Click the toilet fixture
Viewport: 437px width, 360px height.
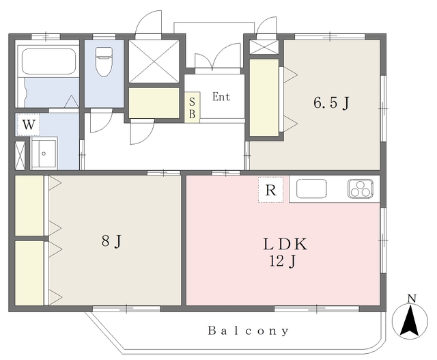pos(104,61)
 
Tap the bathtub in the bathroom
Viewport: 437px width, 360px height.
pos(48,61)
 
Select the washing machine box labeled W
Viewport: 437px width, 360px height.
pos(28,124)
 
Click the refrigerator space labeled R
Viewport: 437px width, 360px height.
pos(270,190)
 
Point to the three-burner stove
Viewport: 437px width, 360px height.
pos(361,189)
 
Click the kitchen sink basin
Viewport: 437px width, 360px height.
pos(311,189)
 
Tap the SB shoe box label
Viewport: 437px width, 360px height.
pos(192,108)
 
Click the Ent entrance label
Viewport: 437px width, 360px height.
pos(221,97)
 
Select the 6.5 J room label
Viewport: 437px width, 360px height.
pos(331,102)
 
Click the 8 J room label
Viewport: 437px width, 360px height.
pos(111,240)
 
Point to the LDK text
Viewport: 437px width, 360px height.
pos(285,245)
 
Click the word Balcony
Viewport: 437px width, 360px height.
pos(249,331)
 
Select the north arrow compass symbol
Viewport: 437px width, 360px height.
pos(410,320)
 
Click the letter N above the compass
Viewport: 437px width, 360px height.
pos(412,299)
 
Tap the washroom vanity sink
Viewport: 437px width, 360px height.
pos(44,153)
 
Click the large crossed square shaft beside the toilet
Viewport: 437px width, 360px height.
pos(154,61)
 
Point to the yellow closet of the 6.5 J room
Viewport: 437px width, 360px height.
pos(264,98)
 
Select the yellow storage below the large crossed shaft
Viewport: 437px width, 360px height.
pos(154,103)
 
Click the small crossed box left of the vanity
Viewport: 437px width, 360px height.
pos(20,156)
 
